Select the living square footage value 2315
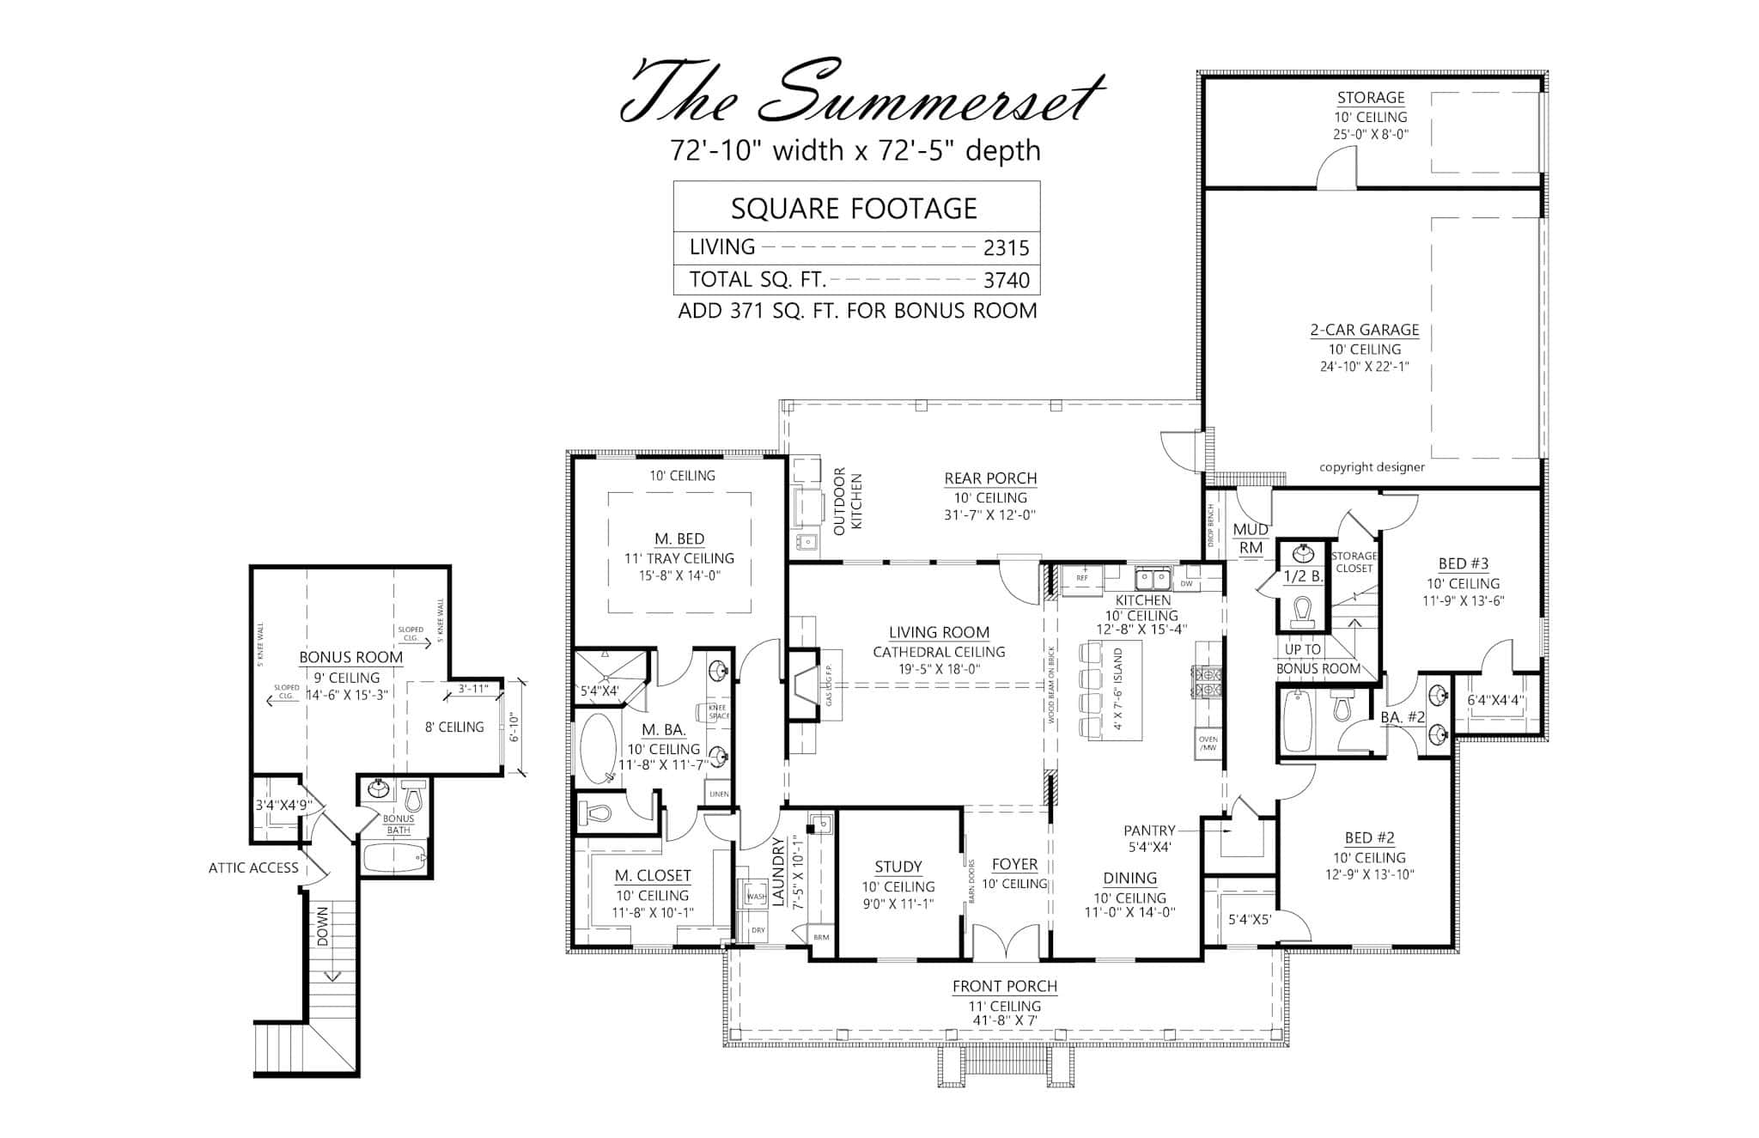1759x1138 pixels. coord(1006,248)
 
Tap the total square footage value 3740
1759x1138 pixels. coord(1006,280)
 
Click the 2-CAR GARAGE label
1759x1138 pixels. coord(1364,330)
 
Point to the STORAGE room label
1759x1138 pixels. coord(1370,98)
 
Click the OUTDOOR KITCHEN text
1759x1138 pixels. coord(847,502)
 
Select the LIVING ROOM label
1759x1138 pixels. coord(939,632)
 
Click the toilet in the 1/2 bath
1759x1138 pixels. coord(1302,611)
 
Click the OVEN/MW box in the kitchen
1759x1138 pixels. coord(1208,743)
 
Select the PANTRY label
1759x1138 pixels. coord(1149,831)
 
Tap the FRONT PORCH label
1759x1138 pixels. coord(1004,987)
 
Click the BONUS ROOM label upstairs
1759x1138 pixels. coord(350,657)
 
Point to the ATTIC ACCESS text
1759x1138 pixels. coord(253,867)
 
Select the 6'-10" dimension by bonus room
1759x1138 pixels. coord(512,727)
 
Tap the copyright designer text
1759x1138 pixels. coord(1372,467)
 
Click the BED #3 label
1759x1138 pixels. coord(1463,564)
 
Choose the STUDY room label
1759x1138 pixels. coord(898,867)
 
